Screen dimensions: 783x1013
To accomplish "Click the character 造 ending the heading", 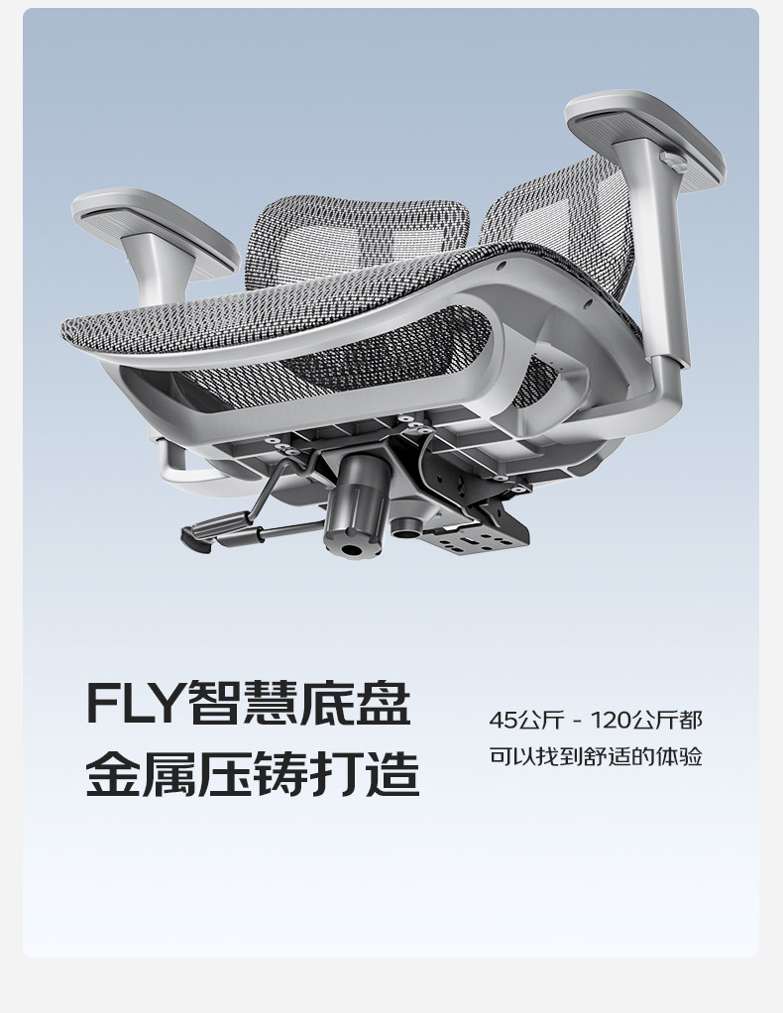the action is point(391,775).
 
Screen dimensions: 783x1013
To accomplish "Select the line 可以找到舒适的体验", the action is point(596,756).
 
